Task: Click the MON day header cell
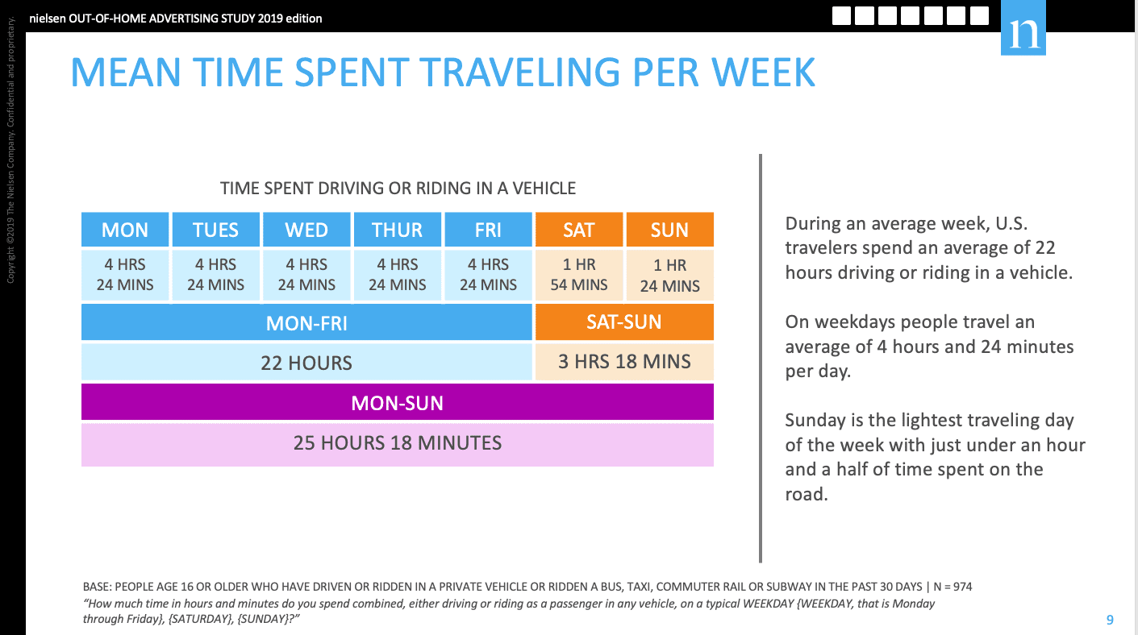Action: (125, 230)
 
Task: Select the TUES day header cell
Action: (216, 230)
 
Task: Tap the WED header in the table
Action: (306, 230)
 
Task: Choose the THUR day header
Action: (398, 230)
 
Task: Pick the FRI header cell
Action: (488, 230)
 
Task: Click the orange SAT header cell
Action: (579, 230)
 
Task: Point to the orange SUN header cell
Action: (669, 230)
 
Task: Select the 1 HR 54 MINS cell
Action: (579, 275)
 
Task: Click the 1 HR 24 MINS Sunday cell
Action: (669, 275)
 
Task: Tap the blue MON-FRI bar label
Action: (306, 322)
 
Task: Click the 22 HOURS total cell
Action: (306, 363)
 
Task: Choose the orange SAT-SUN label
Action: (624, 322)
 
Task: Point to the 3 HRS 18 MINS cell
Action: (624, 361)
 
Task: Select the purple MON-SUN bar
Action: (398, 402)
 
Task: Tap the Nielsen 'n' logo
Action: (1023, 28)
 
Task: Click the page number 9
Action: (1110, 619)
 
